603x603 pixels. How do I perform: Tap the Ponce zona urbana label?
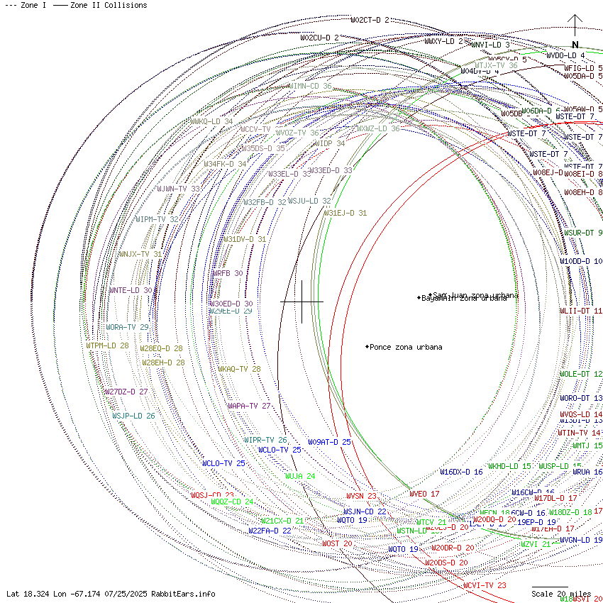pos(405,347)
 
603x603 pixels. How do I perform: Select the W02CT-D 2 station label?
pos(370,20)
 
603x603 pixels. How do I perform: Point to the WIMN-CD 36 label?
pos(310,86)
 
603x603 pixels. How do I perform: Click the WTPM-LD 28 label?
pos(108,345)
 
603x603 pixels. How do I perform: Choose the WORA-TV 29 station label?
pos(128,327)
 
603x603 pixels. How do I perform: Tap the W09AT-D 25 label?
pos(329,442)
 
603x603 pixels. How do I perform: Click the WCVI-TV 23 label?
pos(485,585)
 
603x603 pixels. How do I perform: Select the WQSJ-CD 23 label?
pos(212,495)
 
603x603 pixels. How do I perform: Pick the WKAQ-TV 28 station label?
pos(239,369)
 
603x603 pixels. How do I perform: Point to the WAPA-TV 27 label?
pos(249,406)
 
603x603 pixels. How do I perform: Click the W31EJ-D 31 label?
pos(345,213)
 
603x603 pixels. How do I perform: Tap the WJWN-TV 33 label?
pos(179,189)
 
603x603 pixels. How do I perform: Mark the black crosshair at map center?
pos(302,301)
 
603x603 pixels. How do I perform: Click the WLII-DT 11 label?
pos(581,311)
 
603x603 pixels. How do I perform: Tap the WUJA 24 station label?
pos(300,476)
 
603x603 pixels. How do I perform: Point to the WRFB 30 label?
pos(228,272)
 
